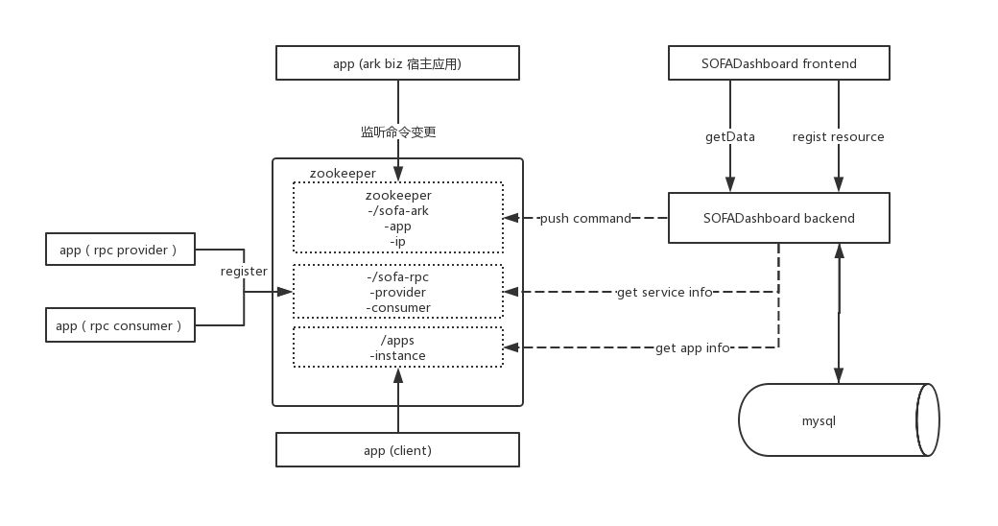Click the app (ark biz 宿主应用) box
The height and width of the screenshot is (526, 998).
pos(397,64)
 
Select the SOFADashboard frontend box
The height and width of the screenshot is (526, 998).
pos(778,64)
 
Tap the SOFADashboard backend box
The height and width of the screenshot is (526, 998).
pos(778,218)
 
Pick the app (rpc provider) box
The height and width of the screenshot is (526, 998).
pos(120,250)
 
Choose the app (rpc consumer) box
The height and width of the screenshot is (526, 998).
pos(120,325)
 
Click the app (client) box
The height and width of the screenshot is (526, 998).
pos(397,449)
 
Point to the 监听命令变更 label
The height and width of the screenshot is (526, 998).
pos(397,131)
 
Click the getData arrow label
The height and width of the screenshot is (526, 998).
pos(730,136)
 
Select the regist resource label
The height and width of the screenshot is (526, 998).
pos(838,136)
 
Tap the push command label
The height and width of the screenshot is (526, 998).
pos(585,218)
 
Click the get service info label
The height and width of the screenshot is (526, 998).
pos(664,292)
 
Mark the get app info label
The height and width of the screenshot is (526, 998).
pos(692,347)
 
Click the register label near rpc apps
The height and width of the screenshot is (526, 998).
pos(244,272)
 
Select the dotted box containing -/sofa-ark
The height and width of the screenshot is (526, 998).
pos(397,218)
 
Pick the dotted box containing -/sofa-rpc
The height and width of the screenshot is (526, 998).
pos(397,292)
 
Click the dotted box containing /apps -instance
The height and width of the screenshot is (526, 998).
pos(397,347)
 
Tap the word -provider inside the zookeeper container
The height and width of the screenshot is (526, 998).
pos(397,292)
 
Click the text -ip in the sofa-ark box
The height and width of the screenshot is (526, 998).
pos(397,241)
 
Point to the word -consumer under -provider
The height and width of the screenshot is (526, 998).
pos(397,307)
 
